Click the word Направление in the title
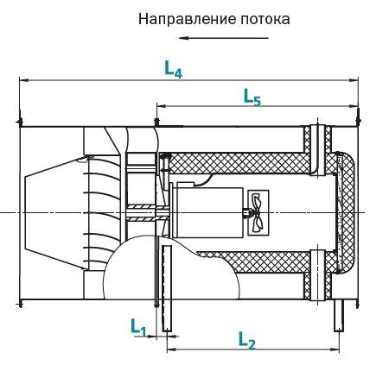188,19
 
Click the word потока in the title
265,19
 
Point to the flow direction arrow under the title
224,38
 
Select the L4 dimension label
173,69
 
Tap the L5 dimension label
252,97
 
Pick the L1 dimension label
138,327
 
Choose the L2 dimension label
247,340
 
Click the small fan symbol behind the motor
258,212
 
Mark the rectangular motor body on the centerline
209,212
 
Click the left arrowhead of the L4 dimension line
23,80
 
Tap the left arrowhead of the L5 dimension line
161,106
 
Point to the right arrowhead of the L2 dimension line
335,349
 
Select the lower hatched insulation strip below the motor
253,262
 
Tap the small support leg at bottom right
339,315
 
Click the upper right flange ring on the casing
317,149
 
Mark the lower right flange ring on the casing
317,275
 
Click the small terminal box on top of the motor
185,185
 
